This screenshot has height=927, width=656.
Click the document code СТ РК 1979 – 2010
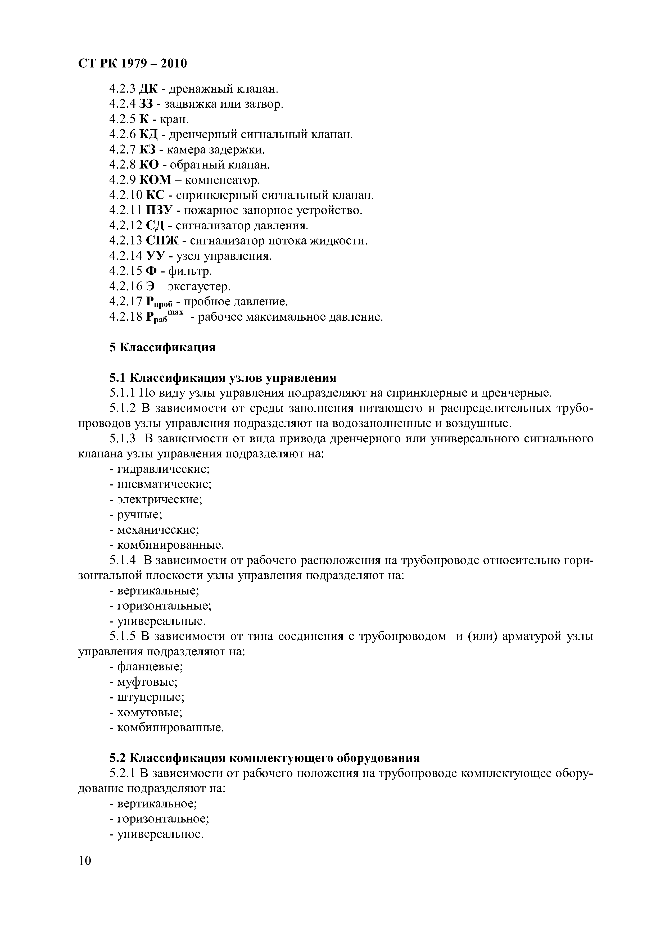(x=133, y=64)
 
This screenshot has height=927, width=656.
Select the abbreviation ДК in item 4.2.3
(x=148, y=89)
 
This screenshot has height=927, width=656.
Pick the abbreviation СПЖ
(x=162, y=241)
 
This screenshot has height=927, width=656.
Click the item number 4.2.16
(x=126, y=287)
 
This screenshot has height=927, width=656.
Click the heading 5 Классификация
(x=162, y=348)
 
